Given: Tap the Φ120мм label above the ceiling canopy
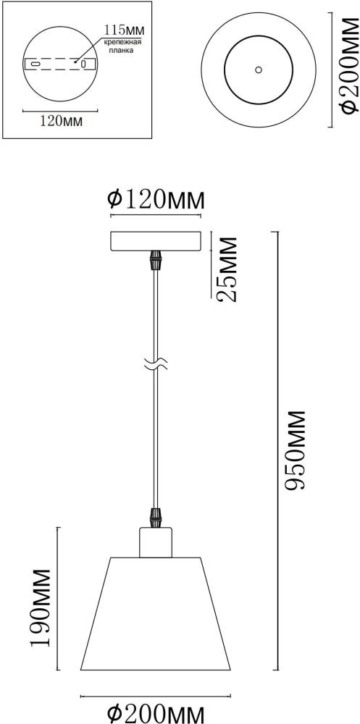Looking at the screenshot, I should coord(155,198).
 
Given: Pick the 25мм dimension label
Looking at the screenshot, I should coord(227,270).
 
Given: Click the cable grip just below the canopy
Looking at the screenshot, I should coord(154,260).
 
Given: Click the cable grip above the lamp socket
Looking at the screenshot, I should coord(154,518).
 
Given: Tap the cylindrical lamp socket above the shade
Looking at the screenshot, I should coord(154,543).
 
